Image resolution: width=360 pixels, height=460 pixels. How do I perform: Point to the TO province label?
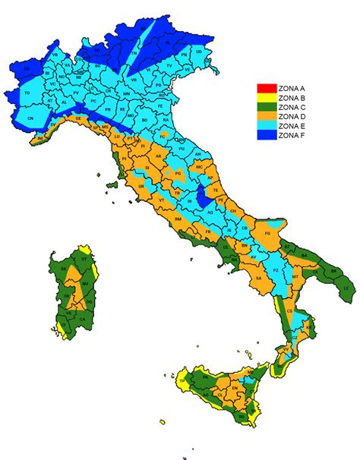click(x=28, y=93)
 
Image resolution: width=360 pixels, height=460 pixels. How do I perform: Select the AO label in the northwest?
click(x=27, y=68)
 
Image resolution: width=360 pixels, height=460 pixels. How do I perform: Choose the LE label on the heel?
click(x=347, y=289)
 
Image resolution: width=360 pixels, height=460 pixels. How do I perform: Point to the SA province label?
click(x=259, y=279)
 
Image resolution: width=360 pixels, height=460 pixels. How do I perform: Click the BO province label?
click(x=144, y=119)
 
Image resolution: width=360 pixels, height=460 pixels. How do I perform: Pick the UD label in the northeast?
click(x=198, y=51)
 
